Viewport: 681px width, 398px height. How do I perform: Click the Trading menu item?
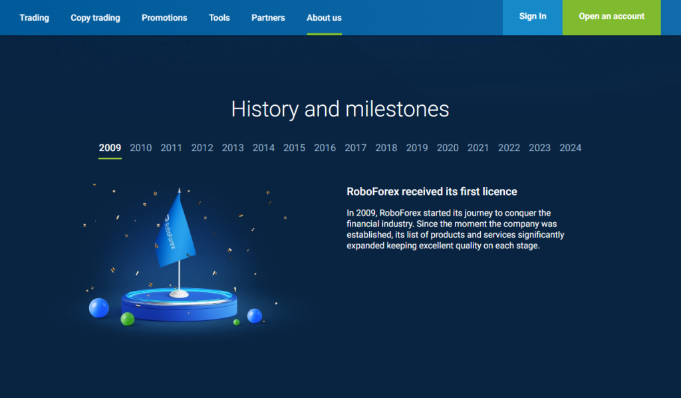[35, 18]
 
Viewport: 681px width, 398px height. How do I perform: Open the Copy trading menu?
[96, 18]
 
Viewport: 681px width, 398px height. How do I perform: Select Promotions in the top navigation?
[164, 18]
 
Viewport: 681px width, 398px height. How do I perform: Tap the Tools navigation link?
[219, 18]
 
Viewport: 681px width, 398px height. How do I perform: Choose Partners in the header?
[268, 18]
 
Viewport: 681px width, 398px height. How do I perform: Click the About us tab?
[324, 18]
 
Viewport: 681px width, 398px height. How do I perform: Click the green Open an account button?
[612, 17]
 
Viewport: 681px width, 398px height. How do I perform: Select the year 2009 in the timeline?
[110, 148]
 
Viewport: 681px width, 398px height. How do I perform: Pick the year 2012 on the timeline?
[202, 148]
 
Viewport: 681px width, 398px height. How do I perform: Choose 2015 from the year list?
[294, 148]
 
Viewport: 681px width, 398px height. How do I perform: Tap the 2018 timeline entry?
[386, 148]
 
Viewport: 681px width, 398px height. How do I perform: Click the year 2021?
[477, 148]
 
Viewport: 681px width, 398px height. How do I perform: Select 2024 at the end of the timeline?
[570, 148]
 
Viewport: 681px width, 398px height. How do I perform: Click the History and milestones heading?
[340, 108]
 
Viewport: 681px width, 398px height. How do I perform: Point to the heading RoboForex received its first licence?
[432, 192]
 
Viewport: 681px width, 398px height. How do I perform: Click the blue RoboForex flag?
[175, 232]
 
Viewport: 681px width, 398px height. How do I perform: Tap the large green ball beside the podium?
[127, 319]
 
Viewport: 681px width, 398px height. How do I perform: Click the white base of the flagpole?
[179, 294]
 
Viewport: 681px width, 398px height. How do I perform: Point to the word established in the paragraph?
[369, 235]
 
